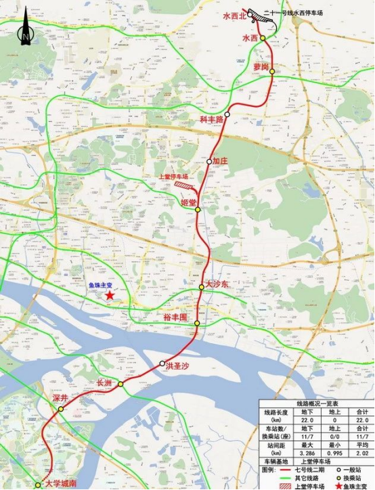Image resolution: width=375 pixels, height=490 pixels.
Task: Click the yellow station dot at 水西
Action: (x=263, y=39)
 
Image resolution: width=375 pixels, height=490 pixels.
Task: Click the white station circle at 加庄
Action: (x=209, y=162)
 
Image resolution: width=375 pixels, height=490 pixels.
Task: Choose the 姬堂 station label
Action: (x=188, y=202)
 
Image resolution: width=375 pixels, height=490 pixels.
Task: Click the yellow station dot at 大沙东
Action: (x=201, y=288)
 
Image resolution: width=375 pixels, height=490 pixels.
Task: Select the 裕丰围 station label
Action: (x=175, y=317)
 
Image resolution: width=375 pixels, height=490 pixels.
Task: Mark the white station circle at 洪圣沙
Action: (x=161, y=365)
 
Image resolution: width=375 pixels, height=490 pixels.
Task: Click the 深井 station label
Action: (x=60, y=399)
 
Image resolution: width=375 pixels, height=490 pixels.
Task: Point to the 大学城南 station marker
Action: (x=38, y=485)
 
